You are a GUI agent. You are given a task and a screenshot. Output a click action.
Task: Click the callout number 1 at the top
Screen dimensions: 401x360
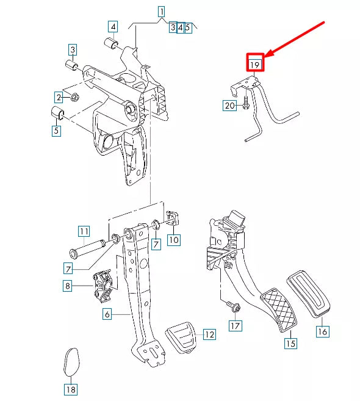[162, 11]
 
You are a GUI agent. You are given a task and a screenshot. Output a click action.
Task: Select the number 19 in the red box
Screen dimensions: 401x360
[254, 63]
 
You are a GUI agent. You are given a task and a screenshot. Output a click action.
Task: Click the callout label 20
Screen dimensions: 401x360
[229, 106]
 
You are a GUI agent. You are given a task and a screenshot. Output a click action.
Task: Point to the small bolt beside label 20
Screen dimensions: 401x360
[245, 105]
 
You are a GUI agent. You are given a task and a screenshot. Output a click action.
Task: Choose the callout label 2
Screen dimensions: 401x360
[59, 97]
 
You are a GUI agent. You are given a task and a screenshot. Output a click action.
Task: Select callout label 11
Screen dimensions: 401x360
[84, 231]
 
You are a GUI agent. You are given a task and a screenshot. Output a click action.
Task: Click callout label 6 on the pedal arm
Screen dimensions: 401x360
[107, 314]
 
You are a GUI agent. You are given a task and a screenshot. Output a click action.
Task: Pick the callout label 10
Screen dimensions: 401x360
[174, 240]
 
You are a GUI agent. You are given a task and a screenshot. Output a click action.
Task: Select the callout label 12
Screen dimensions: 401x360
[209, 334]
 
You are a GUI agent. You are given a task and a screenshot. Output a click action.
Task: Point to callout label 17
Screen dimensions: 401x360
[236, 326]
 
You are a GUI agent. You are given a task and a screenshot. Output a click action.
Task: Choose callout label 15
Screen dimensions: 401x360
[290, 344]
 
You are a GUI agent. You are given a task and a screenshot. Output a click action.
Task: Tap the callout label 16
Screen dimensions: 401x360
[322, 332]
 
